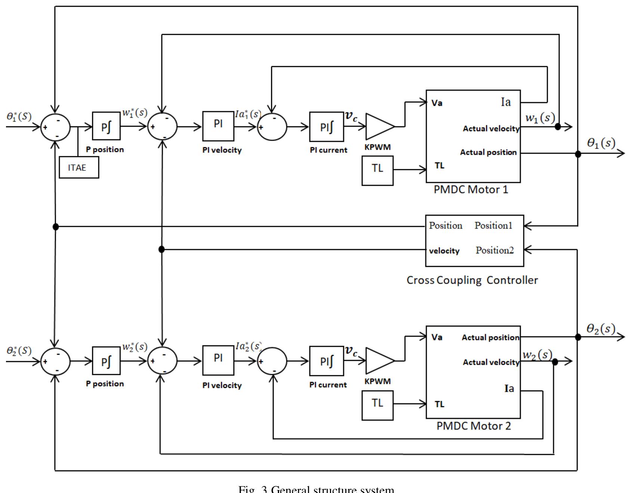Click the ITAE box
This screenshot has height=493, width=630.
tap(79, 167)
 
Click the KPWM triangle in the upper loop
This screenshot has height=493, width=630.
tap(378, 126)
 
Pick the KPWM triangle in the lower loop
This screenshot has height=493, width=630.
tap(378, 361)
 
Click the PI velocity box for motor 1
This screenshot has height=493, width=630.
tap(218, 126)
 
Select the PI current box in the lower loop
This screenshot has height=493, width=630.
tap(326, 361)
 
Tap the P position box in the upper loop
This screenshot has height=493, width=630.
tap(106, 126)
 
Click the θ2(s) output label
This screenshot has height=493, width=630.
tap(600, 329)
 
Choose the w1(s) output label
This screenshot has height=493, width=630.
tap(540, 118)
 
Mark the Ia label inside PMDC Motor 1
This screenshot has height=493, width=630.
tap(506, 102)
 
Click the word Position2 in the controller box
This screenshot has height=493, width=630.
tap(494, 250)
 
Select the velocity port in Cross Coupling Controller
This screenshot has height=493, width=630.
tap(444, 251)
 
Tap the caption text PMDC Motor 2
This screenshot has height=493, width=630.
tap(473, 426)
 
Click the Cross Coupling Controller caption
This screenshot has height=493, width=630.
tap(472, 280)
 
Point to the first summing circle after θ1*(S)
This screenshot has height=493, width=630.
tap(55, 127)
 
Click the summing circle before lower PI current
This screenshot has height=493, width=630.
tap(272, 361)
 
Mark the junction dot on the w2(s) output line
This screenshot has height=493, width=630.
tap(555, 361)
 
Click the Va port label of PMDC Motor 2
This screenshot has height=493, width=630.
tap(437, 337)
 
